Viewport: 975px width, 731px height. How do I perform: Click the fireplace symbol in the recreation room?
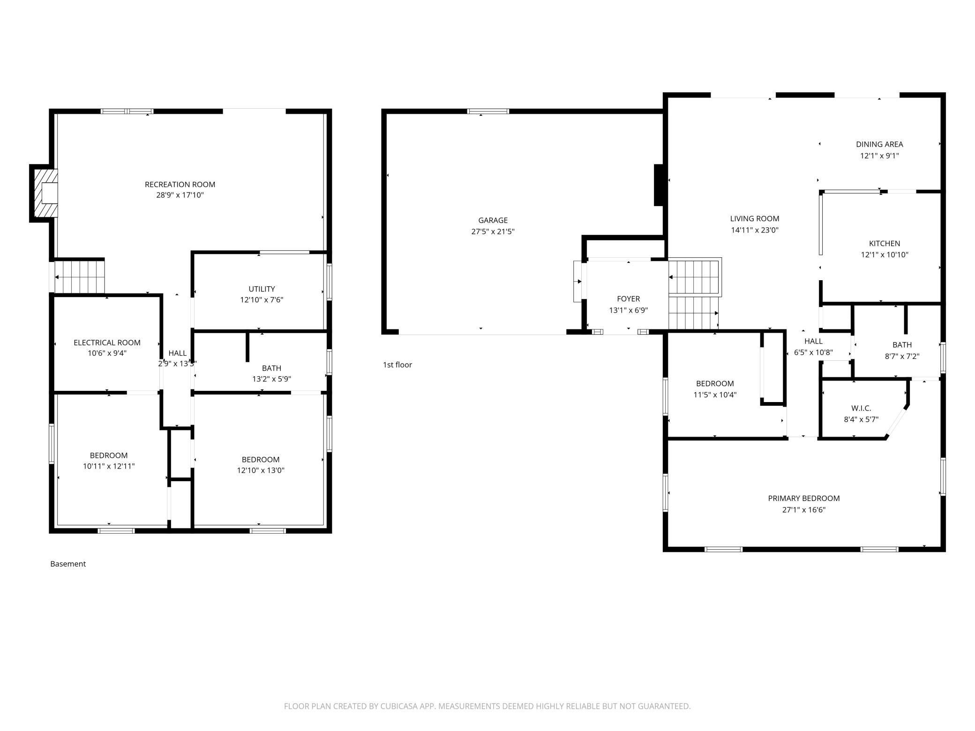coord(44,193)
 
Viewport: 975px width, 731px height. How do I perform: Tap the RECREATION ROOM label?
coord(180,185)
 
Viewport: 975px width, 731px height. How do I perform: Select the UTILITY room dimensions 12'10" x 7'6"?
coord(262,300)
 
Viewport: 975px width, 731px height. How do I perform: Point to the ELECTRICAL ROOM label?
coord(107,343)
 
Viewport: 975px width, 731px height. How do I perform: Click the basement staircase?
coord(79,277)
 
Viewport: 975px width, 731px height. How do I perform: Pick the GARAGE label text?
coord(493,220)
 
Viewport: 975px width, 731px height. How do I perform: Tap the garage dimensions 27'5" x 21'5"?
coord(493,231)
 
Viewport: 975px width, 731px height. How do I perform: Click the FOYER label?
coord(628,299)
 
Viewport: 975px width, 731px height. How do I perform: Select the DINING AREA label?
coord(879,144)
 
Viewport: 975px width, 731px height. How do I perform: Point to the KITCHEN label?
coord(885,244)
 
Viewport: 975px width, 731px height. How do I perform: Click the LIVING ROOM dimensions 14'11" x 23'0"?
coord(755,230)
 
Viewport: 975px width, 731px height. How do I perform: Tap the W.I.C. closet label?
coord(861,409)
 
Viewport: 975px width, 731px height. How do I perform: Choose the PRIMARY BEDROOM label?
coord(803,499)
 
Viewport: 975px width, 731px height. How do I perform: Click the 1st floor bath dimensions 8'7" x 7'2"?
coord(902,356)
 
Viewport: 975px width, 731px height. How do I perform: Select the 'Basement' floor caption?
coord(68,564)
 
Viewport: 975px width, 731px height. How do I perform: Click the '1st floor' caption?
coord(397,365)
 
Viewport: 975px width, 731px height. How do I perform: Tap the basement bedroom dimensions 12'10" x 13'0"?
coord(261,470)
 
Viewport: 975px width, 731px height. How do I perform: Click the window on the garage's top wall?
coord(488,112)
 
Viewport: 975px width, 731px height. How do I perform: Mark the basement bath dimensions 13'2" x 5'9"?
coord(271,379)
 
